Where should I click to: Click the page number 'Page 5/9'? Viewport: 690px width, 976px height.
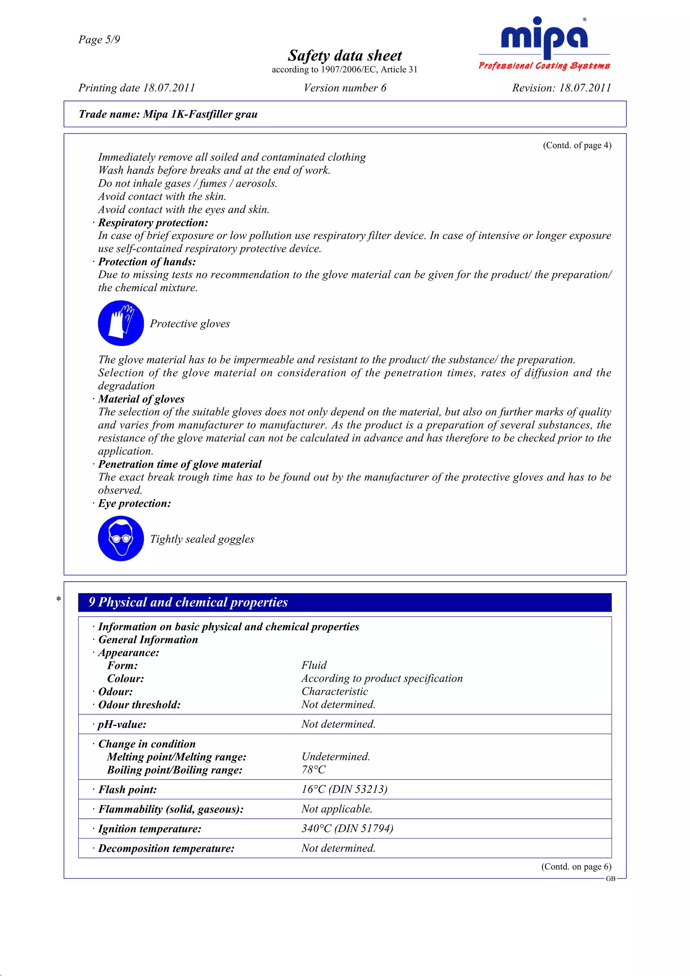pyautogui.click(x=99, y=39)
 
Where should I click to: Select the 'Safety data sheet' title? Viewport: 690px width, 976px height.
pyautogui.click(x=344, y=56)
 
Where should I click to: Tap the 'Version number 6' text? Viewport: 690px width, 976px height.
pyautogui.click(x=344, y=88)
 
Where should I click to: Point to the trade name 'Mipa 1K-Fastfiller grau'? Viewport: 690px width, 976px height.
pyautogui.click(x=200, y=115)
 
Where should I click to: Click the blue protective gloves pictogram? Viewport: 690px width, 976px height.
pyautogui.click(x=121, y=323)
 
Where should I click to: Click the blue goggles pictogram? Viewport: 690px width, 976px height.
pyautogui.click(x=121, y=539)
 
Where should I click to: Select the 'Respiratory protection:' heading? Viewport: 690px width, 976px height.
pyautogui.click(x=153, y=223)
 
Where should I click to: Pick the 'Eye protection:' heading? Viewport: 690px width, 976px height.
pyautogui.click(x=134, y=503)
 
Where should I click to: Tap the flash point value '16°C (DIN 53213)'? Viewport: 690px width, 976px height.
pyautogui.click(x=344, y=789)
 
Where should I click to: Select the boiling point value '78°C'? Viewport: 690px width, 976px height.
pyautogui.click(x=313, y=770)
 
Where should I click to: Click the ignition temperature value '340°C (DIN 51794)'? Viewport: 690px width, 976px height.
pyautogui.click(x=347, y=828)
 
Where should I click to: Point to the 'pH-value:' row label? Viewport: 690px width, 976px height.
pyautogui.click(x=122, y=724)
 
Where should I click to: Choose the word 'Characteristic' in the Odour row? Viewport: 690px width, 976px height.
pyautogui.click(x=335, y=692)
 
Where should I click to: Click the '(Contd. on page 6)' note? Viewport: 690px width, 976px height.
pyautogui.click(x=576, y=867)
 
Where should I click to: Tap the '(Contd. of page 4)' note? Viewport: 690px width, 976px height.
pyautogui.click(x=576, y=145)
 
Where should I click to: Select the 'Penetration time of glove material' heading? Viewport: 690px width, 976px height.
pyautogui.click(x=180, y=464)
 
